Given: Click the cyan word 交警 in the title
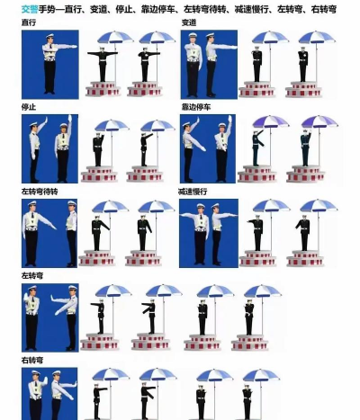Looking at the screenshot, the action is pos(30,10).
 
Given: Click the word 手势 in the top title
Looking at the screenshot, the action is pos(47,10).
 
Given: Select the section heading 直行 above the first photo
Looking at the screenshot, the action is pos(29,22).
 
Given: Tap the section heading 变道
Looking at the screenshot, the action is pos(189,22).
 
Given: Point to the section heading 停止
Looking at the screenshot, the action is pos(29,107).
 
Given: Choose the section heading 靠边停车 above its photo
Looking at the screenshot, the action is pos(196,107).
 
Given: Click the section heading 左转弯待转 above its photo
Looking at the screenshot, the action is pos(40,192).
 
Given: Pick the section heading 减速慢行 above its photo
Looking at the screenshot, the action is pos(193,192).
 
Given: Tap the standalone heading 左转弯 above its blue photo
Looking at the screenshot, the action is pos(32,276).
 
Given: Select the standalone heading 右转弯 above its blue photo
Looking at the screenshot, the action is pos(32,360).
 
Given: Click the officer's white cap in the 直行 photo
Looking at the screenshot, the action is pos(49,36).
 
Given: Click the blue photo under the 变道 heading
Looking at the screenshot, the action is pos(209,65).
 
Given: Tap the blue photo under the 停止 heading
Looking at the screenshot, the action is pos(49,148).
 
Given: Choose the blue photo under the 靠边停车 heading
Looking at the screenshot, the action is pos(208,148).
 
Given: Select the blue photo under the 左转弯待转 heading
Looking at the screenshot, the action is pos(49,233).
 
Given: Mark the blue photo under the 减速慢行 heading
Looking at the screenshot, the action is pos(209,233).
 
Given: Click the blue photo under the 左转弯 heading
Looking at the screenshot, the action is pos(50,317).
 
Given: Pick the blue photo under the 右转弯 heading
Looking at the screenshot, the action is pos(49,394).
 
